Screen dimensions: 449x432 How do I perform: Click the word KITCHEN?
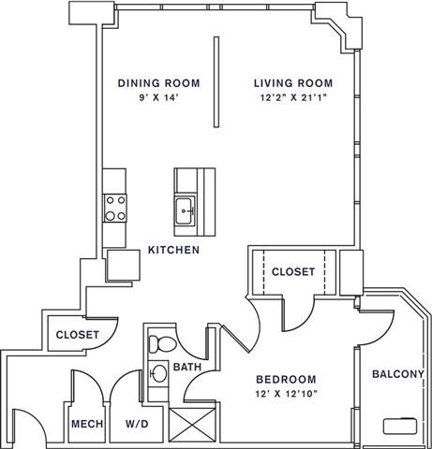(173, 251)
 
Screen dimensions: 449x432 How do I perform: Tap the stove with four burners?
(115, 207)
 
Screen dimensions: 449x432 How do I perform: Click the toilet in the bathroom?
(160, 341)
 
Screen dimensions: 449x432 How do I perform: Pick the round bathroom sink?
(159, 374)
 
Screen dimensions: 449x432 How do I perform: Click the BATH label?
(187, 368)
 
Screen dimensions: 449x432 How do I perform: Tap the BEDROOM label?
(286, 380)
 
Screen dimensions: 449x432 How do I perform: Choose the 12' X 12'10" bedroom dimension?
(286, 395)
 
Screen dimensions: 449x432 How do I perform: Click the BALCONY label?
(398, 374)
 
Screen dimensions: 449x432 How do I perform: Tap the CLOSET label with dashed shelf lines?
(293, 272)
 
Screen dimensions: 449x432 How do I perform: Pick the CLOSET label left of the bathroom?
(78, 335)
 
